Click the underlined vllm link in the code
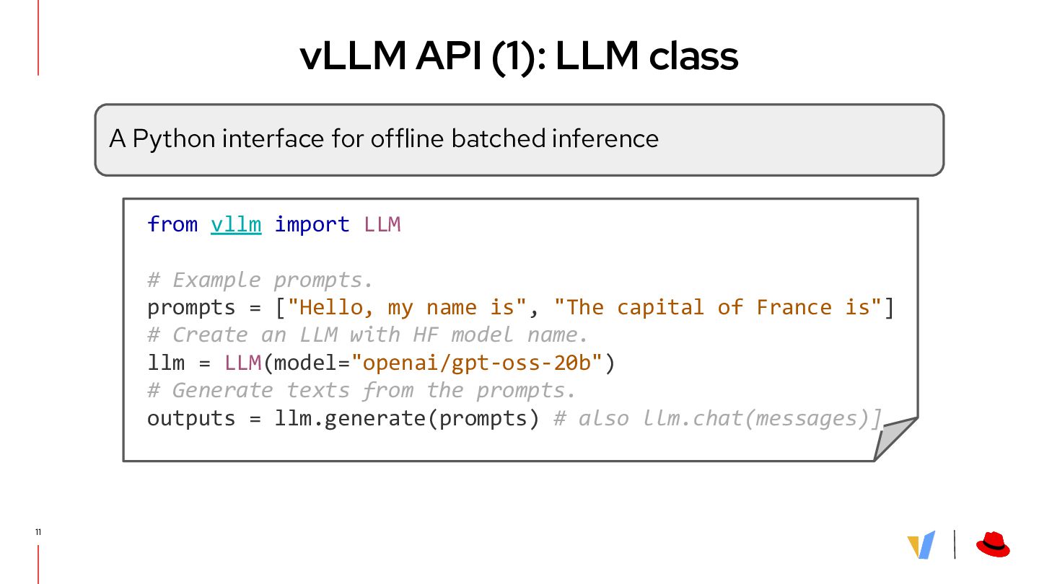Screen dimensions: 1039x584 (x=236, y=224)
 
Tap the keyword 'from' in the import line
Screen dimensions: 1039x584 (x=172, y=224)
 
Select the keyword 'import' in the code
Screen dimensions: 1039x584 (x=312, y=224)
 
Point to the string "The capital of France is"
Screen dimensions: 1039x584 (x=718, y=307)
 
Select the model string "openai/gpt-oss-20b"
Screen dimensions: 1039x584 (x=476, y=363)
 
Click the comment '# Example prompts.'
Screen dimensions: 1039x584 (x=260, y=280)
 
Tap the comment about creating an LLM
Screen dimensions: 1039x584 (x=368, y=335)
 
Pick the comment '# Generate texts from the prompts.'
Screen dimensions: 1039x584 (x=361, y=391)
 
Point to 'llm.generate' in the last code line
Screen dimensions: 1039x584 (x=351, y=419)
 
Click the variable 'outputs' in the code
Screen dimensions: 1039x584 (x=191, y=419)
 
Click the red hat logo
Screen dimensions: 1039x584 (x=993, y=545)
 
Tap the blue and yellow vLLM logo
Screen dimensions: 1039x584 (x=921, y=545)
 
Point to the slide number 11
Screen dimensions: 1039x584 (x=38, y=532)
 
